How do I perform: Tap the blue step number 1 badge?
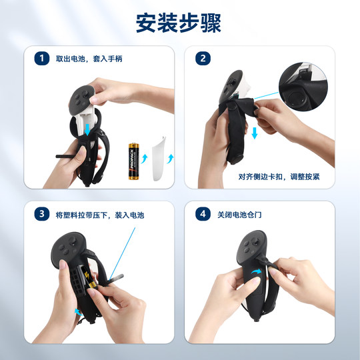43,59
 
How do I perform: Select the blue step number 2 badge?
202,59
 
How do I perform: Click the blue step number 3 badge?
43,214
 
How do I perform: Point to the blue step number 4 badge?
202,214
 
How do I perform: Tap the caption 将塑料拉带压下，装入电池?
100,215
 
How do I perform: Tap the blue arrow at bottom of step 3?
79,311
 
